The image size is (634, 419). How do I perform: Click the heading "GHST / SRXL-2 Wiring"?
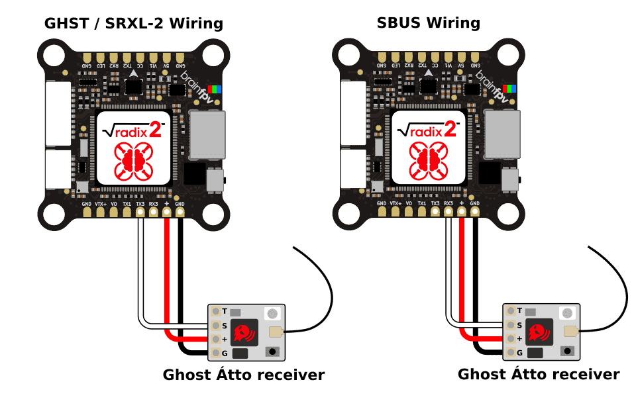click(133, 24)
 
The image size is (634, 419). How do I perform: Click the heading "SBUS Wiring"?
click(428, 24)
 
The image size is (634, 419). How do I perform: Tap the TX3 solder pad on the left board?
click(140, 214)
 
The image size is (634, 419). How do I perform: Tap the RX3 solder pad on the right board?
click(448, 214)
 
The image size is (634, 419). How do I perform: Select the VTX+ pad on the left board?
click(100, 214)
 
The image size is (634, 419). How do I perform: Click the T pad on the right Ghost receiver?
click(510, 310)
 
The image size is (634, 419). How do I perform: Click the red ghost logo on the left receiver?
click(244, 332)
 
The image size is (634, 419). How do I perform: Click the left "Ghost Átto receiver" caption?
click(244, 375)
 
